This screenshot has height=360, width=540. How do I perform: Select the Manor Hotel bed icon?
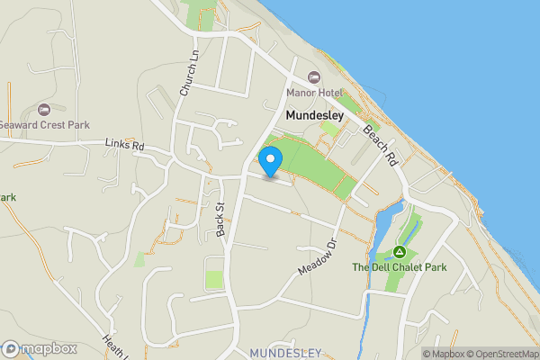point(313,76)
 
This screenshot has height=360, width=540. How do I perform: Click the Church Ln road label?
point(189,74)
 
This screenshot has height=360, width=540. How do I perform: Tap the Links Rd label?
point(124,145)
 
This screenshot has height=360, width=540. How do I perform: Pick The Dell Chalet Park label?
point(399,267)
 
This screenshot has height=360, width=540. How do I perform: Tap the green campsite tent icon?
point(399,251)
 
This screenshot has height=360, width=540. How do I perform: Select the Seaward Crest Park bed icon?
point(43,108)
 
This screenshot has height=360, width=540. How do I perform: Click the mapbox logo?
point(40,348)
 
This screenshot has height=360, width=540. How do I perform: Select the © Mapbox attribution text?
point(443,354)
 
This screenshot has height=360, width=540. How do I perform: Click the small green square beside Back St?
point(215,279)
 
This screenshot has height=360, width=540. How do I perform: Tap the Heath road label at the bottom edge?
point(114,346)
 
